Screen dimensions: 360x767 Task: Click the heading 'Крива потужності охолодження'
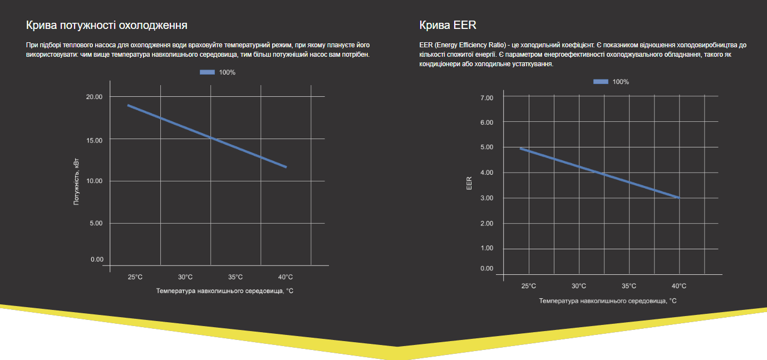[106, 26]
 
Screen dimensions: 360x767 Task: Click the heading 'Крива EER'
[448, 26]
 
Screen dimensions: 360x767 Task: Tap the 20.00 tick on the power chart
[94, 97]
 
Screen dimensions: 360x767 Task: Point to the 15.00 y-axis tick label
[94, 140]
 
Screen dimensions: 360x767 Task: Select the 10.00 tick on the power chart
[94, 181]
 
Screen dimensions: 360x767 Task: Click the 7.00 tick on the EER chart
[486, 98]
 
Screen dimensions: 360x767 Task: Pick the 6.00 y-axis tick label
[486, 122]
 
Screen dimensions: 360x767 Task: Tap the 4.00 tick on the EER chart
[486, 172]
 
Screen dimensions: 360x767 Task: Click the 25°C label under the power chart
[135, 277]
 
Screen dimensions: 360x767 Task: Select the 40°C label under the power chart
[285, 277]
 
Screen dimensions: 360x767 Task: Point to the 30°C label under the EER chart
[579, 286]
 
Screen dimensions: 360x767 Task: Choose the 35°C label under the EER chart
[629, 286]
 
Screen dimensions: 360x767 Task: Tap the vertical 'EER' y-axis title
[469, 183]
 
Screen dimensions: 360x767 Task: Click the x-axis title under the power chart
[224, 291]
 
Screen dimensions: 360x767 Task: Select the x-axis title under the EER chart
[608, 300]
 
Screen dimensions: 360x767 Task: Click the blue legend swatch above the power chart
[207, 72]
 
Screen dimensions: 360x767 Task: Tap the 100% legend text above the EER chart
[621, 82]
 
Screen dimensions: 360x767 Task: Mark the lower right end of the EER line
[678, 198]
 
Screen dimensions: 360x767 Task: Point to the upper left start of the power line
[129, 105]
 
